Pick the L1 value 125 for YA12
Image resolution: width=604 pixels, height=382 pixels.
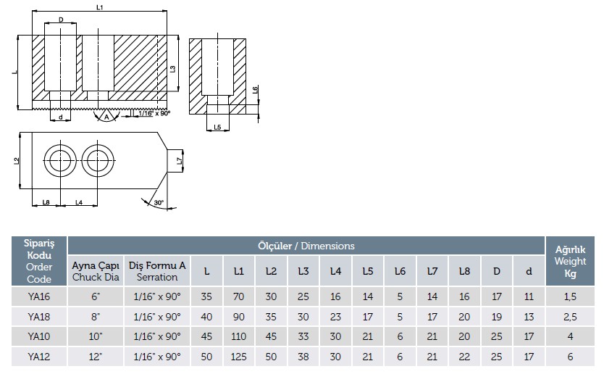(239, 357)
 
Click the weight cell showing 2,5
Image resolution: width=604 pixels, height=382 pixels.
(570, 316)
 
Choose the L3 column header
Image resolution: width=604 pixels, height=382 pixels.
(303, 271)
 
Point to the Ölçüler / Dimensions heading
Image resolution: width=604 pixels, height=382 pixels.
(306, 246)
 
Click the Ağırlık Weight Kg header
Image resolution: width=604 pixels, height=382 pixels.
(570, 260)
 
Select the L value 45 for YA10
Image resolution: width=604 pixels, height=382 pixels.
(207, 336)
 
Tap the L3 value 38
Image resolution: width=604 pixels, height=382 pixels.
(303, 357)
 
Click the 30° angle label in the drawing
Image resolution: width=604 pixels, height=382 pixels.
(158, 203)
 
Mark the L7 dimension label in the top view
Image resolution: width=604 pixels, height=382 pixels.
(178, 158)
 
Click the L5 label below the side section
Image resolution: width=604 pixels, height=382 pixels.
(217, 127)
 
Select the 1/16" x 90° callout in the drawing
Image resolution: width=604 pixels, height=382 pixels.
(154, 114)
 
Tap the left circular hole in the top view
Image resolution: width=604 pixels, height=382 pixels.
(58, 157)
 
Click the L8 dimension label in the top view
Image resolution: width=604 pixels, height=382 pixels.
(46, 202)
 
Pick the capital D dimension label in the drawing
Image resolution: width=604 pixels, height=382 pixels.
(60, 20)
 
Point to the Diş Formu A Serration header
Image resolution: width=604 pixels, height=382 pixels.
(157, 271)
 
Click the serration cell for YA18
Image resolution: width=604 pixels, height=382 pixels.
(157, 316)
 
